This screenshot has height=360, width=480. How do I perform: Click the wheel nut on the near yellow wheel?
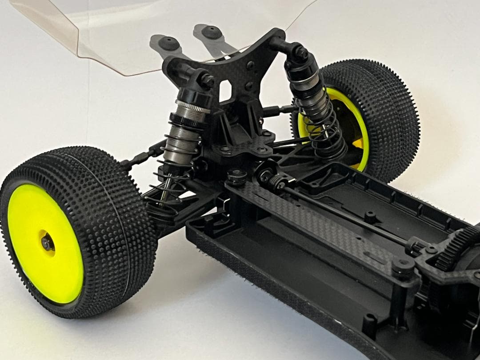coord(46,242)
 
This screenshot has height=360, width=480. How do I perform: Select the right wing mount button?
coord(212,32)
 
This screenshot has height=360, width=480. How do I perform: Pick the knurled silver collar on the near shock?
coord(192,107)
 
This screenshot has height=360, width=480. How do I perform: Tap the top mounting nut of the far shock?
coord(301,53)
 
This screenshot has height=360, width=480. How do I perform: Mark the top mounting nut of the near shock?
coord(207,80)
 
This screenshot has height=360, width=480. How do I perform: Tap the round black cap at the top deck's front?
coord(237,176)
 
